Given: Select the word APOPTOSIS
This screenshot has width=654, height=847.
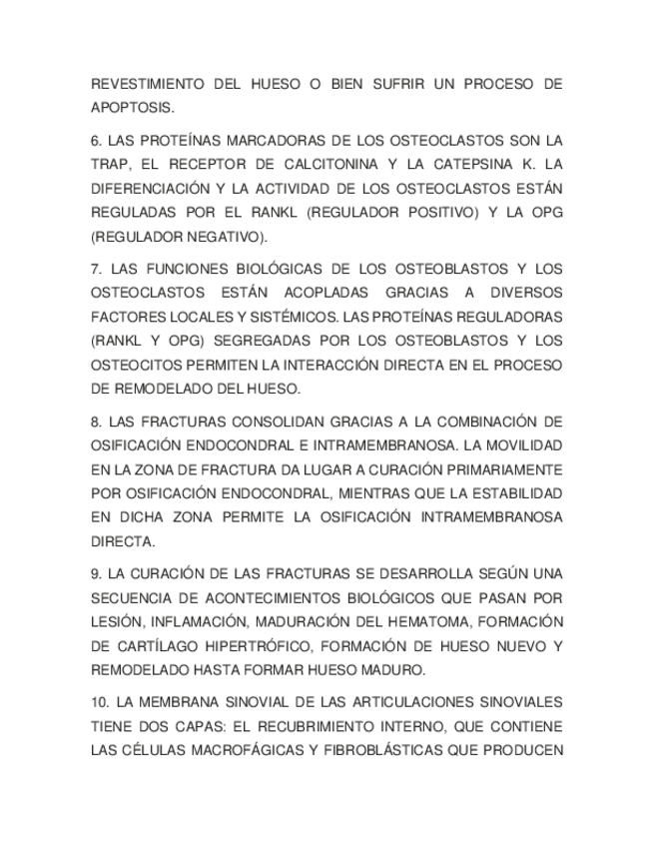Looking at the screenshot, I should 132,108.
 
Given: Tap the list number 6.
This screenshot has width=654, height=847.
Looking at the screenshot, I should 96,140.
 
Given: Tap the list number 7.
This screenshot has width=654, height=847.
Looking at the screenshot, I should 96,269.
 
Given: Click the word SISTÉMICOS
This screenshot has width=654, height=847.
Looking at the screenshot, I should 294,317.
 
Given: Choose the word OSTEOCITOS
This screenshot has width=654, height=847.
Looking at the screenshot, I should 135,366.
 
